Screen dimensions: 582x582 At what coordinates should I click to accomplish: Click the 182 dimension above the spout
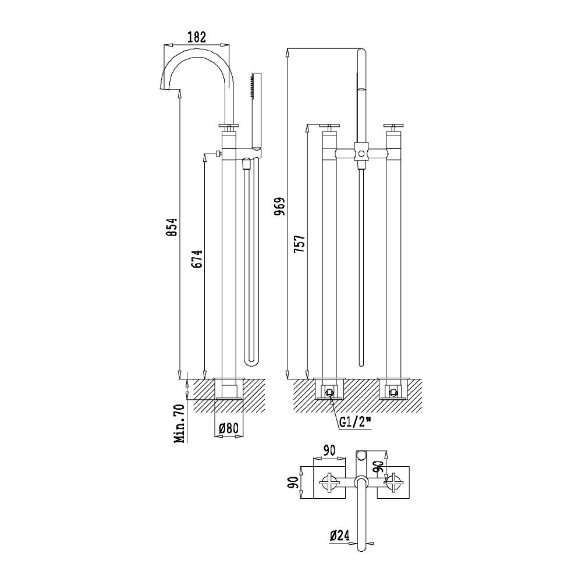[x=196, y=37]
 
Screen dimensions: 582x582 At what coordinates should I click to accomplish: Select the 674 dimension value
[x=198, y=258]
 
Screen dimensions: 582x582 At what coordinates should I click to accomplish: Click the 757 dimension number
[x=299, y=243]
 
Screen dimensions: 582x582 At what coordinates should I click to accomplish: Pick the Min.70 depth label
[x=180, y=424]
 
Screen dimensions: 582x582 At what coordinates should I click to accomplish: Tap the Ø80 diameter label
[x=228, y=429]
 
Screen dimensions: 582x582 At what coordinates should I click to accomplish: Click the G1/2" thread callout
[x=355, y=422]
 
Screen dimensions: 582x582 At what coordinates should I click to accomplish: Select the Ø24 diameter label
[x=340, y=535]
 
